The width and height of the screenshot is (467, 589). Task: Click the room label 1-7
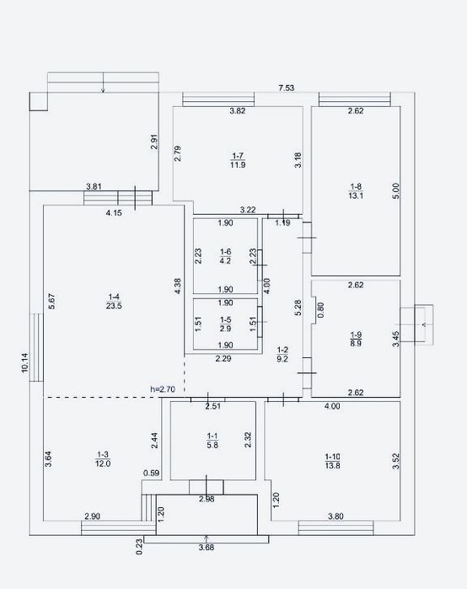click(238, 156)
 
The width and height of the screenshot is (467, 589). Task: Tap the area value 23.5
click(114, 306)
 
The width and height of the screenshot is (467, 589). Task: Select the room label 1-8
click(356, 186)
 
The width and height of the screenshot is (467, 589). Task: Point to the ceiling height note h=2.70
click(163, 389)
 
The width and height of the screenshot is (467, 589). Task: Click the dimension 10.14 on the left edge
click(24, 362)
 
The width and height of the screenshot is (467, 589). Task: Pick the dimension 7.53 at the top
click(287, 88)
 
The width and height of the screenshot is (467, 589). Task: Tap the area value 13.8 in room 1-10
click(332, 466)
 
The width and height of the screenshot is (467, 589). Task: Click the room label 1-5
click(225, 319)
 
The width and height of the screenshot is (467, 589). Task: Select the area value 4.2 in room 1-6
click(225, 260)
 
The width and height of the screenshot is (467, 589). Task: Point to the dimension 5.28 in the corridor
click(298, 308)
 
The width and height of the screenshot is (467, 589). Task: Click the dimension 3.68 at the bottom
click(207, 548)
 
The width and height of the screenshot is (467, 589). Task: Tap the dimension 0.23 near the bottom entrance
click(139, 547)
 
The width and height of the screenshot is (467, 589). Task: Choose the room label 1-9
click(357, 335)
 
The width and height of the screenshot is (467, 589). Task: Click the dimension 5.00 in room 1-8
click(396, 190)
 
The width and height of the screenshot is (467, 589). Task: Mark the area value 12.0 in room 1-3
click(103, 463)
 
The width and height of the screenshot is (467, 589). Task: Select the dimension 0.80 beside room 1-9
click(320, 310)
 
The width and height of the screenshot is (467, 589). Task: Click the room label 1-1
click(212, 436)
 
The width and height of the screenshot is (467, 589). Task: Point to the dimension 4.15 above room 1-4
click(114, 213)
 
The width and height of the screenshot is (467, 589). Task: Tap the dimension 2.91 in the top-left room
click(154, 142)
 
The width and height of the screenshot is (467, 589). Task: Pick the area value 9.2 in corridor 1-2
click(282, 359)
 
